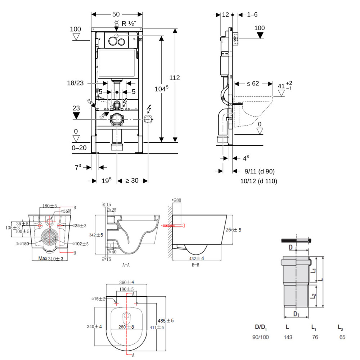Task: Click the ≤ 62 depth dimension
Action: click(253, 84)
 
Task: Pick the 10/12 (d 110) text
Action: click(258, 181)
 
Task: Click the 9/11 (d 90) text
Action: click(257, 171)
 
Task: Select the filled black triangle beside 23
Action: click(76, 116)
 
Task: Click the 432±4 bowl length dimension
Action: click(197, 258)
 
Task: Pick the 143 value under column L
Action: click(288, 337)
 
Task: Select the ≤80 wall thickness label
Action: click(176, 200)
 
